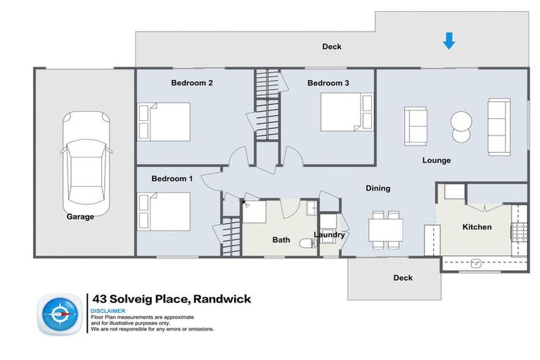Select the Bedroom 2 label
click(192, 83)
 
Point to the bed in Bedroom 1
click(165, 212)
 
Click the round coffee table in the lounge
click(462, 126)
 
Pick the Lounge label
click(436, 160)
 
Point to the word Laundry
click(329, 235)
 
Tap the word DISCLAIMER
click(108, 311)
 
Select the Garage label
click(80, 217)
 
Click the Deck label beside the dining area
click(402, 278)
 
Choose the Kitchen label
click(476, 227)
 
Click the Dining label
click(378, 188)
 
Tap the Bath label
click(281, 240)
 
